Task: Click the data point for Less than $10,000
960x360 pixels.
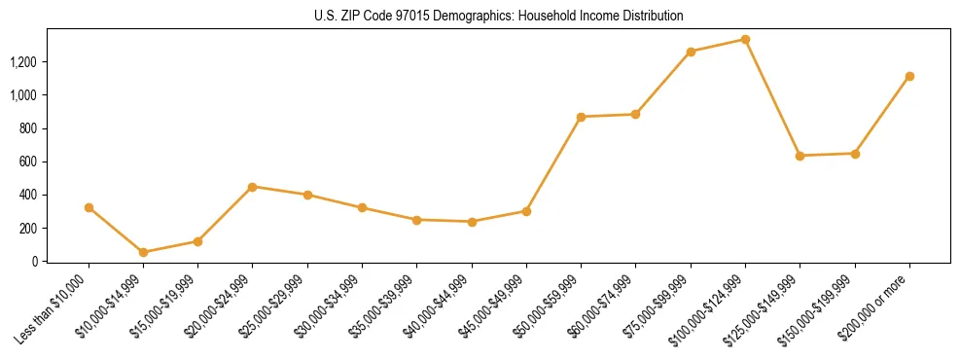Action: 89,207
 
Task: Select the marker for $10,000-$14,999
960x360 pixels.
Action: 143,252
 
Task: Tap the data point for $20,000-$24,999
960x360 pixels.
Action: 253,186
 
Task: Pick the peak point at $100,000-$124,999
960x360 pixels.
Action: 745,39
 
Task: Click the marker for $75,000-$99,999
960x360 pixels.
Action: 691,52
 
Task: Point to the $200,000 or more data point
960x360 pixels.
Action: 909,76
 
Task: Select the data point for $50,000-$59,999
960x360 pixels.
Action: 581,117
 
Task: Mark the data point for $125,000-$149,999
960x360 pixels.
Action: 800,156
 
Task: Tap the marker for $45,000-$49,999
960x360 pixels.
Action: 526,211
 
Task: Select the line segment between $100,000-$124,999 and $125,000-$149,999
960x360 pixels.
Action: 772,97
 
